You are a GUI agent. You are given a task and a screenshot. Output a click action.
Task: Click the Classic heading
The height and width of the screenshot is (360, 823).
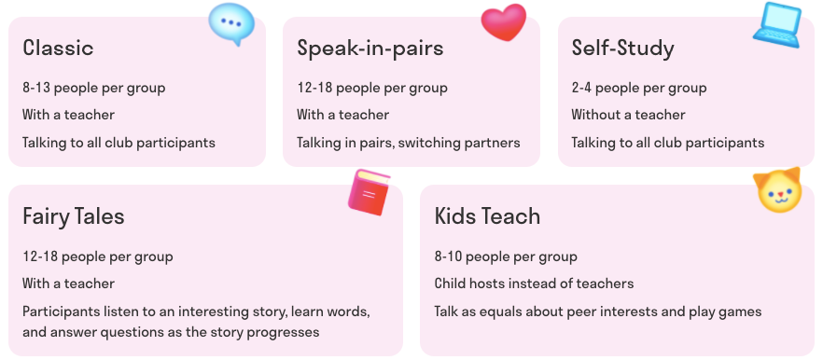tap(58, 48)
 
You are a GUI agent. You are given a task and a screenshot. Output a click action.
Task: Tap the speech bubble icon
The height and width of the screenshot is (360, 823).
tap(231, 23)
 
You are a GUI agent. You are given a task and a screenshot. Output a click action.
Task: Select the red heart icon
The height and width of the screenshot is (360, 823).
tap(504, 22)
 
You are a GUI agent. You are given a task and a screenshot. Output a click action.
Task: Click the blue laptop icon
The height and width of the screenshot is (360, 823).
tap(777, 24)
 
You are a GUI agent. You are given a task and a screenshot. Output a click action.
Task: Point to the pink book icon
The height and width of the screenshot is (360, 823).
tap(369, 192)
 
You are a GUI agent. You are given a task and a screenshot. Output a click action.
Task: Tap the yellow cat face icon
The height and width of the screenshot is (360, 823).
tap(779, 190)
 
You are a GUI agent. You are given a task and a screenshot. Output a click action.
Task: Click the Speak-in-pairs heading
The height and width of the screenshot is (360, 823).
tap(370, 48)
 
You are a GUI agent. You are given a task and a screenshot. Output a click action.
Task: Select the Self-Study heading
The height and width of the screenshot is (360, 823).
tap(623, 48)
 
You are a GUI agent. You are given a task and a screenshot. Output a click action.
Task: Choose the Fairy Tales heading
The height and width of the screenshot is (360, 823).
tap(74, 216)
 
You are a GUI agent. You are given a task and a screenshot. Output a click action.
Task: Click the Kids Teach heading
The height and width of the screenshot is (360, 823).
tap(488, 216)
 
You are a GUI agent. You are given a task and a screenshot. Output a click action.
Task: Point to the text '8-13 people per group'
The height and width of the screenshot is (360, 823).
tap(94, 88)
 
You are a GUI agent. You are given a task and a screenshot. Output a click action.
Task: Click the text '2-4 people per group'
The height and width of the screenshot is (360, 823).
tap(639, 88)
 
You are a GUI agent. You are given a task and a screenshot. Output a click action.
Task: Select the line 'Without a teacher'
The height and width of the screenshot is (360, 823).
tap(628, 115)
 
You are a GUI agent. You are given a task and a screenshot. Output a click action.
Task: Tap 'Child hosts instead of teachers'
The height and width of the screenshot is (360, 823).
tap(534, 284)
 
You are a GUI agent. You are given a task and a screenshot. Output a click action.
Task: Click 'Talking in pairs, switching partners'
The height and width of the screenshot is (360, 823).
tap(409, 142)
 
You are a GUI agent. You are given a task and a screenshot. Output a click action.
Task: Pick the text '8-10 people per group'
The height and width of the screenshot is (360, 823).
tap(506, 256)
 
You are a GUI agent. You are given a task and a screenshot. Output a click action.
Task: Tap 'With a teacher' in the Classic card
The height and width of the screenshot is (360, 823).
tap(68, 115)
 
